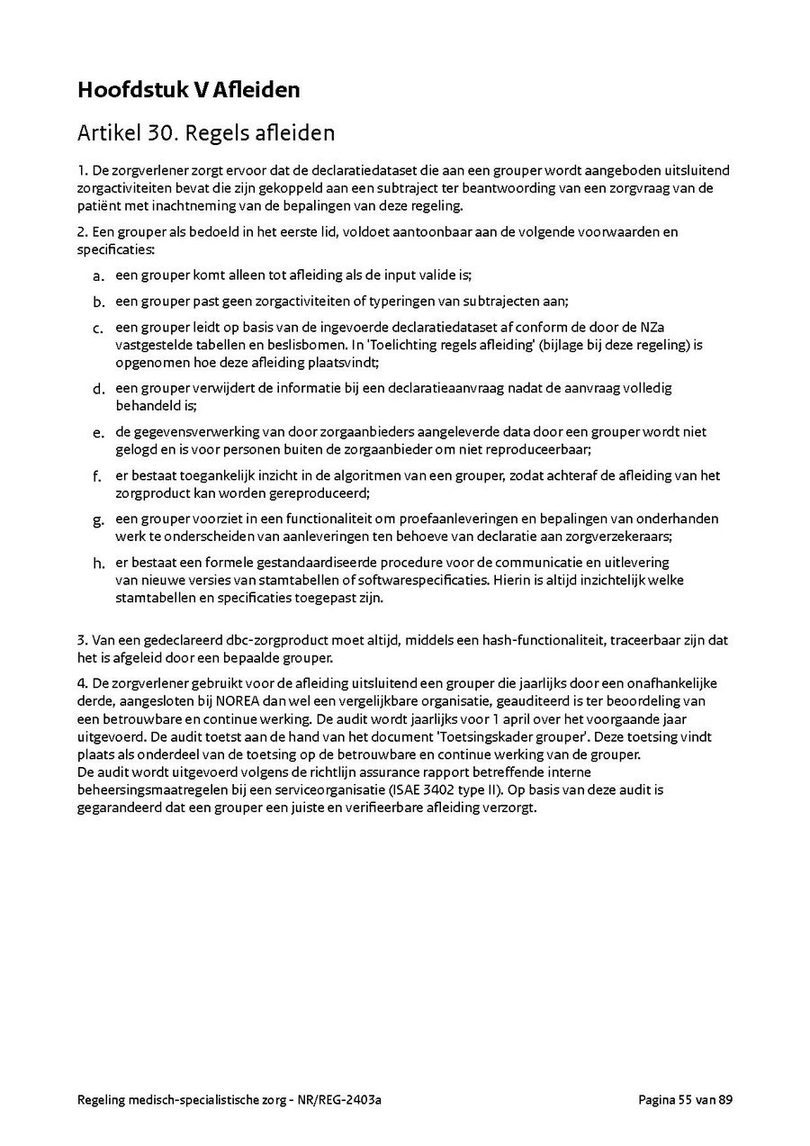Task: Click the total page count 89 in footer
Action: [x=725, y=1100]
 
